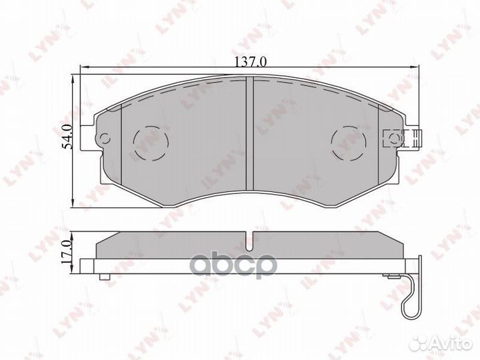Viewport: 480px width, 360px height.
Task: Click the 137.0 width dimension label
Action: coord(250,62)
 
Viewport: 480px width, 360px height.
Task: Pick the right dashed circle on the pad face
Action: coord(346,142)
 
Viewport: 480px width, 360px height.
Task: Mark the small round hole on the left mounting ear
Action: coord(103,139)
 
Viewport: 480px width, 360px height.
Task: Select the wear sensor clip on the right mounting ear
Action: coord(399,139)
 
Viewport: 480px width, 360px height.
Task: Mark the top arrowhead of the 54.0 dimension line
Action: coord(73,79)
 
